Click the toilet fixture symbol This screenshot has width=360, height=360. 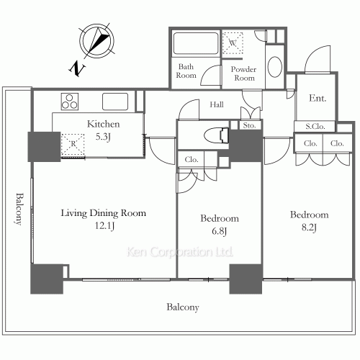(x=217, y=135)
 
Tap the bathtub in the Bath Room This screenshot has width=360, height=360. (x=196, y=43)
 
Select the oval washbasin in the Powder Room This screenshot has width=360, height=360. (x=275, y=67)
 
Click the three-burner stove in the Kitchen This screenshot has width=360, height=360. (x=70, y=102)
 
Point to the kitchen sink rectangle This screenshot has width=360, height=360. (x=115, y=102)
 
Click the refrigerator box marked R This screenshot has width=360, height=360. (x=73, y=145)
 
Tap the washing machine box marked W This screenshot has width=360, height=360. (x=233, y=43)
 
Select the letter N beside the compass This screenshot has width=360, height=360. (x=77, y=68)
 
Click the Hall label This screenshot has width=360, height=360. (x=217, y=104)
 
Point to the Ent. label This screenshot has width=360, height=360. (x=318, y=98)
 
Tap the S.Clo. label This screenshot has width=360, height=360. (x=315, y=126)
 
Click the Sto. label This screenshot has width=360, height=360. (x=249, y=125)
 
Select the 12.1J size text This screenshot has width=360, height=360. (x=104, y=226)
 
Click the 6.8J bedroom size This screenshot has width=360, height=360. (x=220, y=231)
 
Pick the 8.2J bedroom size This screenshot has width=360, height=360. (x=309, y=228)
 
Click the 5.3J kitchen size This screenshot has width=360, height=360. (x=103, y=137)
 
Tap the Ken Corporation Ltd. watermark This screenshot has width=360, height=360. (x=180, y=252)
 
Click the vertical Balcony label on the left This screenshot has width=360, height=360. (x=19, y=209)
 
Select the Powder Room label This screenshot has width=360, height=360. (x=243, y=73)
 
